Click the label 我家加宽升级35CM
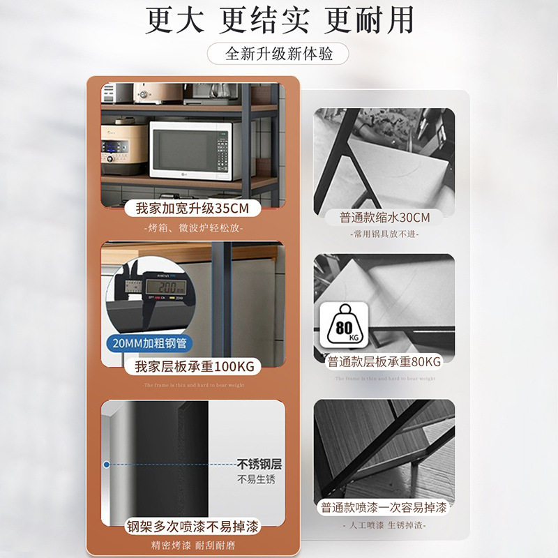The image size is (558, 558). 193,209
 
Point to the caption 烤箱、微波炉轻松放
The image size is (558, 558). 193,228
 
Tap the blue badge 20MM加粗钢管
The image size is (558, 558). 150,344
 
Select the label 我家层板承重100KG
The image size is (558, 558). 193,366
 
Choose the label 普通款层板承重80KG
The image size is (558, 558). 384,362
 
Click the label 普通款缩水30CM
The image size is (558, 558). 384,218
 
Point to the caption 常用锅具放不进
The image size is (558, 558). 384,234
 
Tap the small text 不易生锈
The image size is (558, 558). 256,480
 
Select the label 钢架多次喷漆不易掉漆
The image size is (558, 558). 193,527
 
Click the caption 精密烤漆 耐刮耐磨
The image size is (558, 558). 193,545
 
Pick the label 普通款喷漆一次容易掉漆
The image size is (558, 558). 384,506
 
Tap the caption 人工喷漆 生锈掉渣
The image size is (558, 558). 384,525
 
